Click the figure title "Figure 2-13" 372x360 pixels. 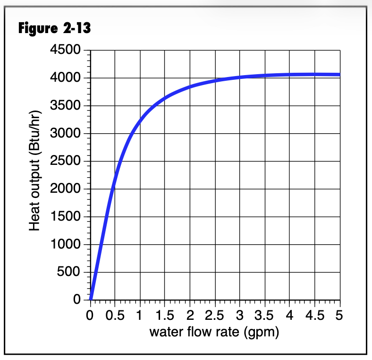coord(54,28)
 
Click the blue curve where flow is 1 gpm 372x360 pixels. coord(140,121)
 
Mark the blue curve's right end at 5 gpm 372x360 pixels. coord(339,75)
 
